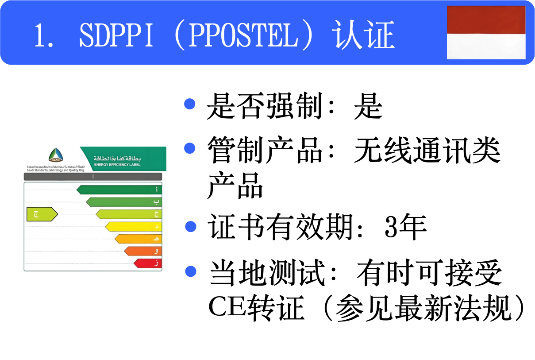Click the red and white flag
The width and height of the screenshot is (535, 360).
(x=486, y=32)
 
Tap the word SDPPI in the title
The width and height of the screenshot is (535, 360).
(x=116, y=35)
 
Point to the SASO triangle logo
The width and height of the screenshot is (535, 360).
(x=56, y=155)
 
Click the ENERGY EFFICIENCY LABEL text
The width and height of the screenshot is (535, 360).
(x=117, y=165)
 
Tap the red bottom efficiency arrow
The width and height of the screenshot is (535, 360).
(x=147, y=263)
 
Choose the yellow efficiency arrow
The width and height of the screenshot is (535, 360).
(x=133, y=227)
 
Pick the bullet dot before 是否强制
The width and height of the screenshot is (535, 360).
(x=190, y=105)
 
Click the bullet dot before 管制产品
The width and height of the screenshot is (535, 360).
(x=190, y=148)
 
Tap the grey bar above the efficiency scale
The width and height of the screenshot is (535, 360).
(x=92, y=177)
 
